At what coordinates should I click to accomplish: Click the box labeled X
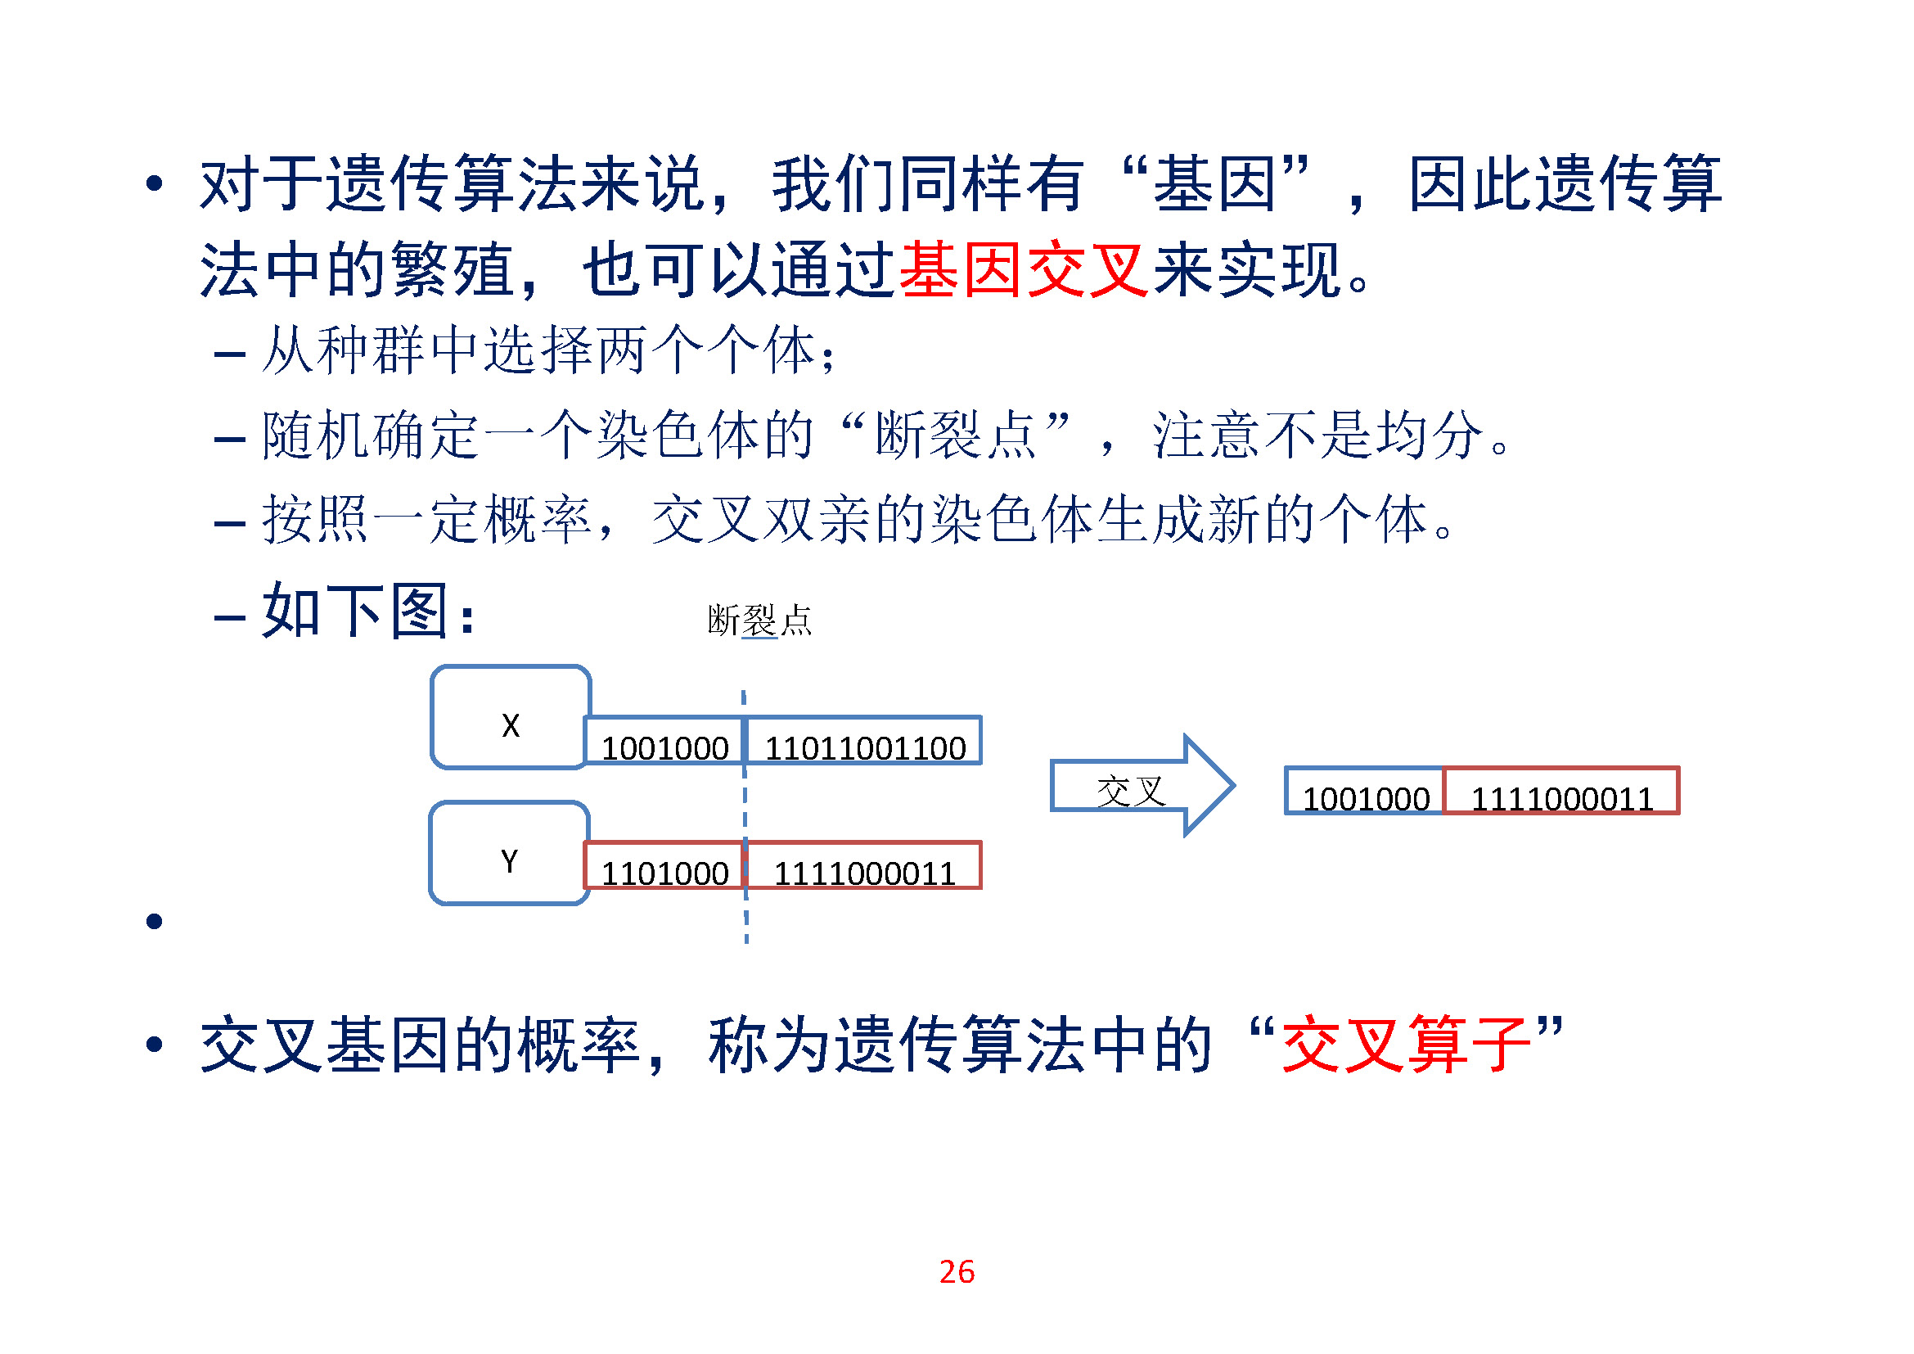pos(510,718)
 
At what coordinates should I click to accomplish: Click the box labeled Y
pos(509,853)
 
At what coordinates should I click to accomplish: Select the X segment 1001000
pos(664,741)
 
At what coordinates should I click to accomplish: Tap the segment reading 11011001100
pos(864,741)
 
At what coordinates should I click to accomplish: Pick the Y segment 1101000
pos(664,866)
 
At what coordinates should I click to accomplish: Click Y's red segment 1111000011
pos(864,866)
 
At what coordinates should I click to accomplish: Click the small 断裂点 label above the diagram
pos(759,621)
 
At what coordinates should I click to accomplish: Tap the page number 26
pos(956,1272)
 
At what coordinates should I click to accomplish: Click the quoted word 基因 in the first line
pos(1214,183)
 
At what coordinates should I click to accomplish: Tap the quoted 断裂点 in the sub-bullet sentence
pos(955,436)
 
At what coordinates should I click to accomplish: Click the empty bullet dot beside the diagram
pos(154,921)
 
